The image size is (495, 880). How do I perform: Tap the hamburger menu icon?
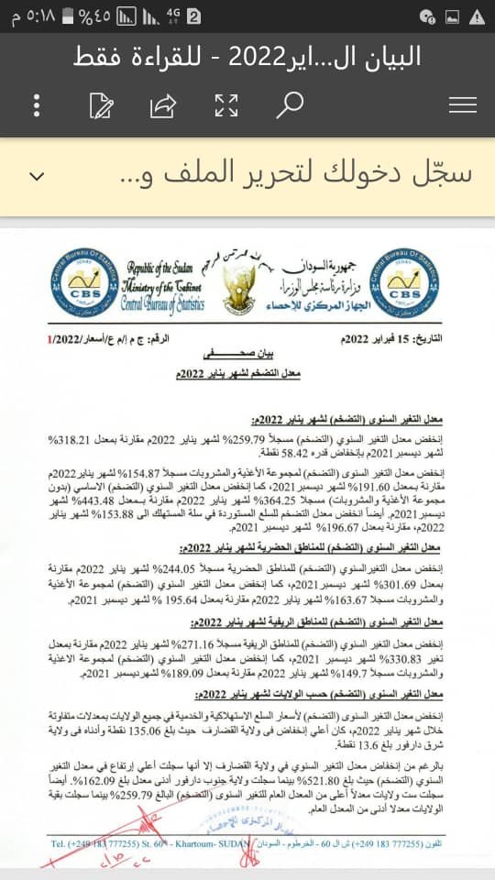463,104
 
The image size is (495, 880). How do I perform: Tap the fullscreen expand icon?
225,104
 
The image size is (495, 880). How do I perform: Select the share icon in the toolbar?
162,104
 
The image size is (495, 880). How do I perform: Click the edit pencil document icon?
101,104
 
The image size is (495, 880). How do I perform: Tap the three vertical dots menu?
38,104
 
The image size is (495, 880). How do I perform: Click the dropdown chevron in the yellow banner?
38,175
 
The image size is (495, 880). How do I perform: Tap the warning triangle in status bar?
477,16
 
